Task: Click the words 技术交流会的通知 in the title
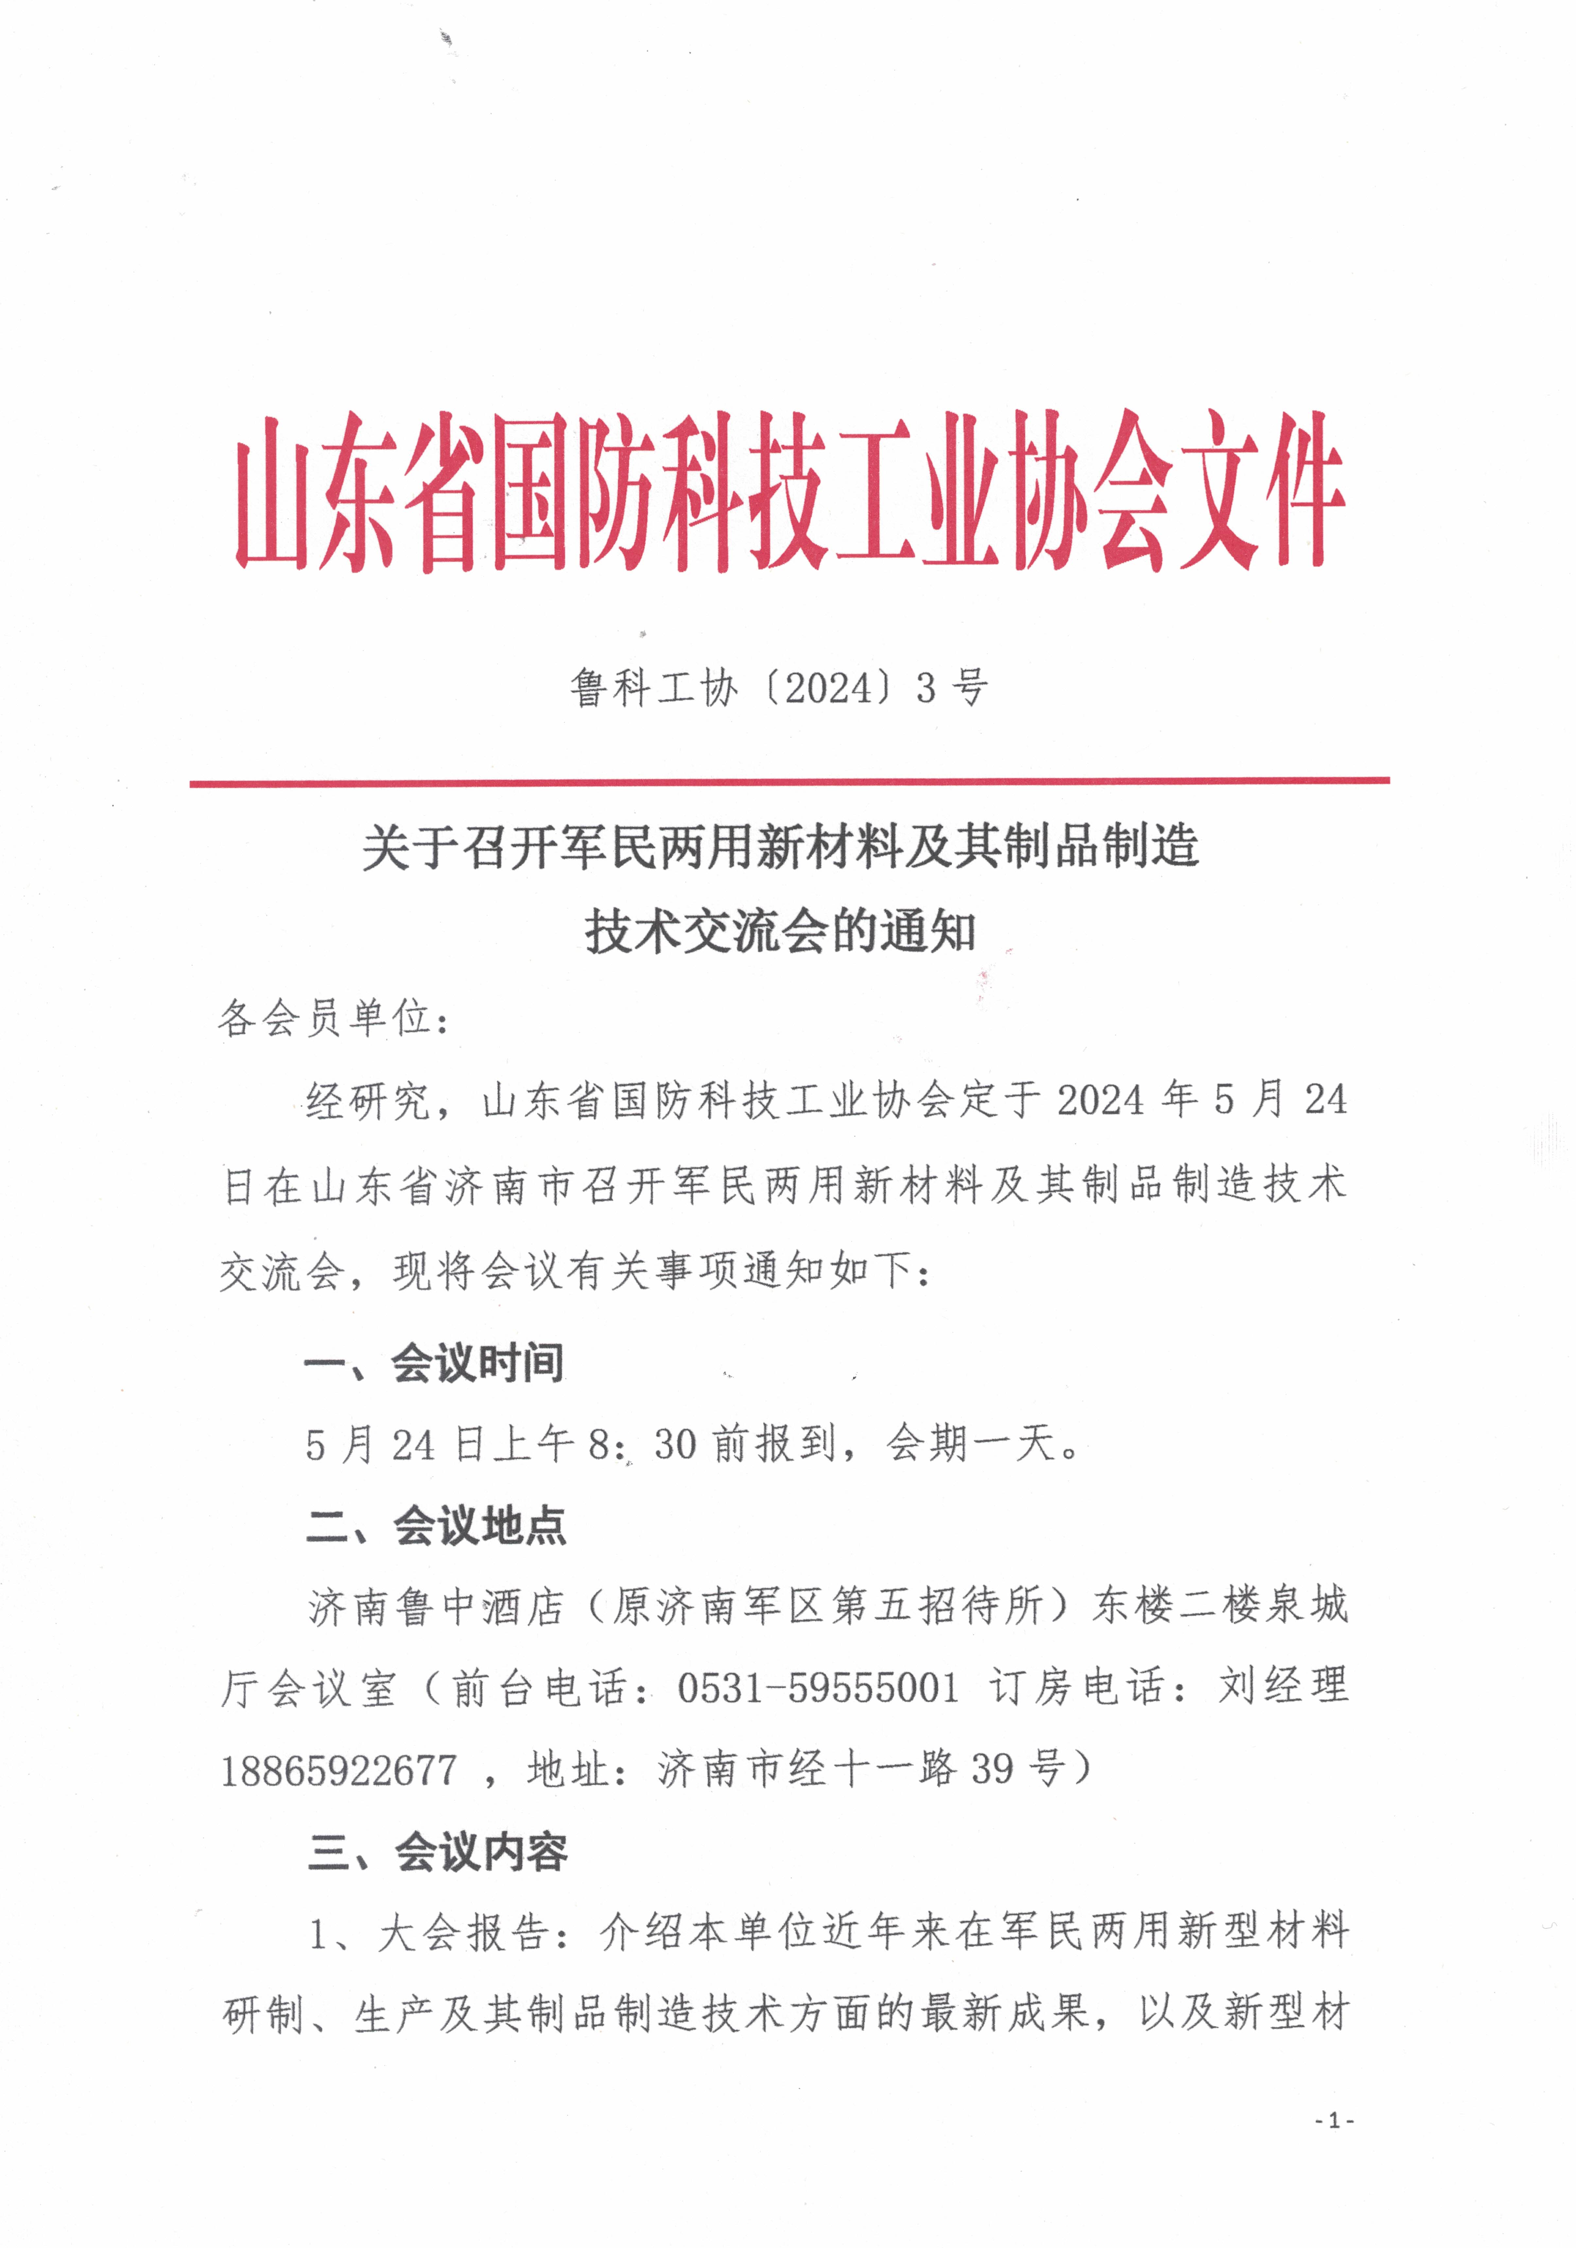pos(780,930)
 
